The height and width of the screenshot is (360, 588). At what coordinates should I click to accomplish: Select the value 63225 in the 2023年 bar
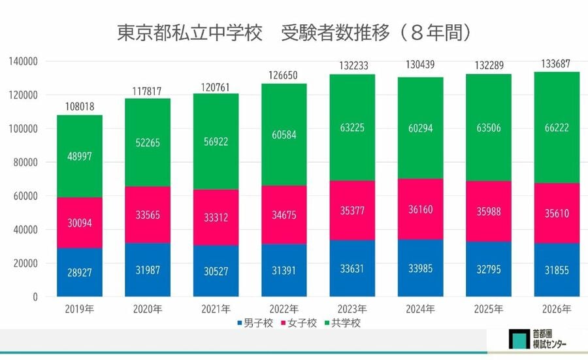tap(352, 128)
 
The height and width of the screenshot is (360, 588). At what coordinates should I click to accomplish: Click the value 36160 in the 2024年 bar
tap(421, 210)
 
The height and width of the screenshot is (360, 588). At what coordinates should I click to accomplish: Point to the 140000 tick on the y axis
tap(25, 61)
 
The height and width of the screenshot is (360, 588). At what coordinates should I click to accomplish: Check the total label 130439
tap(421, 65)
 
